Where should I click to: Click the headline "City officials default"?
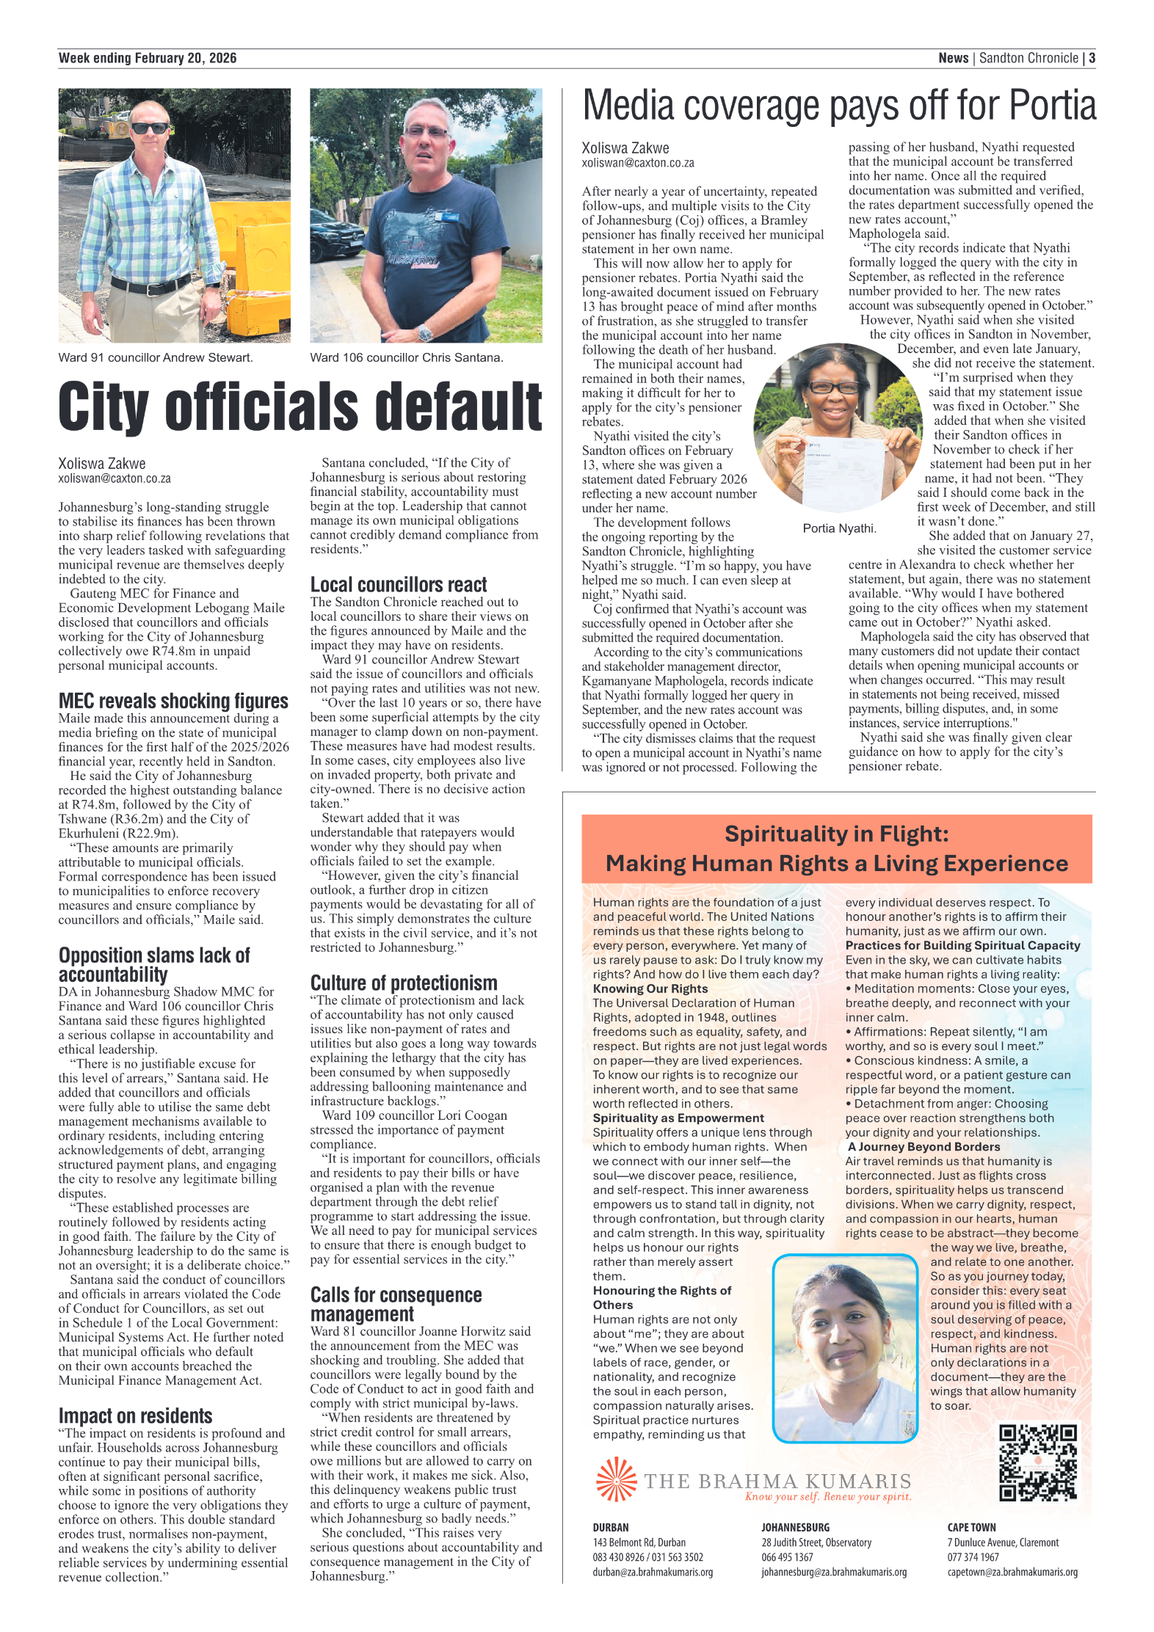[300, 408]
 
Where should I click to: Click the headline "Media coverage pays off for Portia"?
[838, 106]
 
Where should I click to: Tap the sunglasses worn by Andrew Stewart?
[150, 128]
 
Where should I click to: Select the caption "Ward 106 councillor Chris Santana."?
[406, 358]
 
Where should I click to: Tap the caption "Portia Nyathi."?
[839, 528]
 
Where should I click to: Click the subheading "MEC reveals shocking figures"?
[173, 701]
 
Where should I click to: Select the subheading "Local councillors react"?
[398, 585]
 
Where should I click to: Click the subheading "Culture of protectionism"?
[403, 983]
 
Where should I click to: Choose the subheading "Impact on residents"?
[135, 1416]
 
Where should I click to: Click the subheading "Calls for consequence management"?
[396, 1304]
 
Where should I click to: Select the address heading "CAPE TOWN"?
[971, 1527]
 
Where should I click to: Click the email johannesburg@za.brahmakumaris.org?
[833, 1572]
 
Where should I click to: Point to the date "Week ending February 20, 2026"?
[148, 59]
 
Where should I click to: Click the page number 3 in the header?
[1092, 59]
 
